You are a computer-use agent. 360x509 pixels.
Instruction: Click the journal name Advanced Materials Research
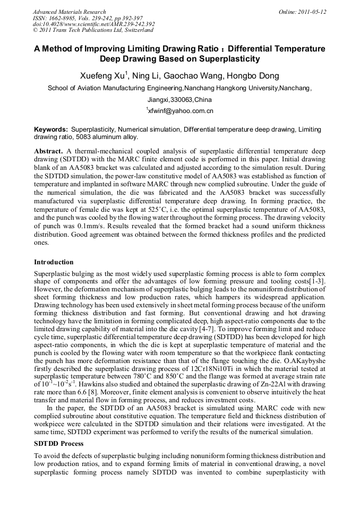coord(69,12)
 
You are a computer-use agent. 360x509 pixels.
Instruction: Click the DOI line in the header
coord(93,24)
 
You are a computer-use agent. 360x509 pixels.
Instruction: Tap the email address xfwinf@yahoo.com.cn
coord(180,111)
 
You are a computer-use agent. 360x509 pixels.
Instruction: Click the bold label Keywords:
coord(51,130)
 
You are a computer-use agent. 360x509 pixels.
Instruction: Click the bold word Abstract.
coord(49,151)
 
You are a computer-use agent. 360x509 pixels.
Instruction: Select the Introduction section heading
coord(54,262)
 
